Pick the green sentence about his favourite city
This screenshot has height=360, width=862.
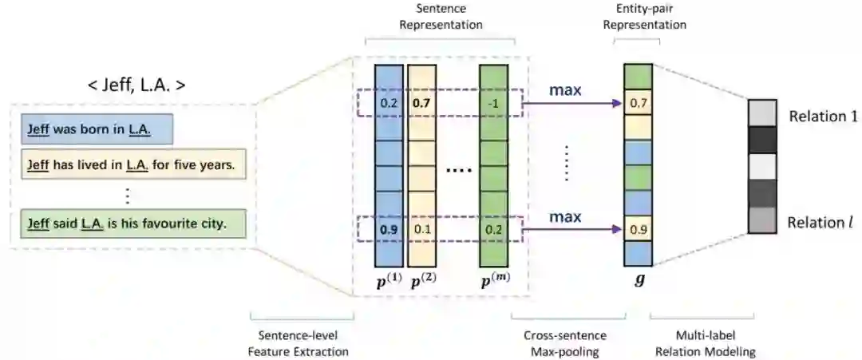tap(127, 224)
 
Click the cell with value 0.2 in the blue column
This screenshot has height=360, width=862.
tap(389, 102)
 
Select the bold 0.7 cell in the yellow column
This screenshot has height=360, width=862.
tap(421, 102)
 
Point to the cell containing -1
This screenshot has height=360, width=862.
tap(493, 102)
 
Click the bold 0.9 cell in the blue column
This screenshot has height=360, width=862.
tap(389, 230)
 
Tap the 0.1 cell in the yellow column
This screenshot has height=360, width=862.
tap(421, 230)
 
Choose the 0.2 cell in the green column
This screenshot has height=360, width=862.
tap(493, 230)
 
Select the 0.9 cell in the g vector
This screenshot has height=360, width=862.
tap(638, 230)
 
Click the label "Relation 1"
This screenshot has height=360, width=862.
tap(822, 116)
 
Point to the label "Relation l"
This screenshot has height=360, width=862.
tap(821, 223)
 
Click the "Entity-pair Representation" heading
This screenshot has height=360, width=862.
tap(644, 18)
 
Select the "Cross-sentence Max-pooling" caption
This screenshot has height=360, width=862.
tap(569, 343)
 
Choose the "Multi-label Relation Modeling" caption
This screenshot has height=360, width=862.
tap(702, 343)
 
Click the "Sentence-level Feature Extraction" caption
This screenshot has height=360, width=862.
tap(303, 343)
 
